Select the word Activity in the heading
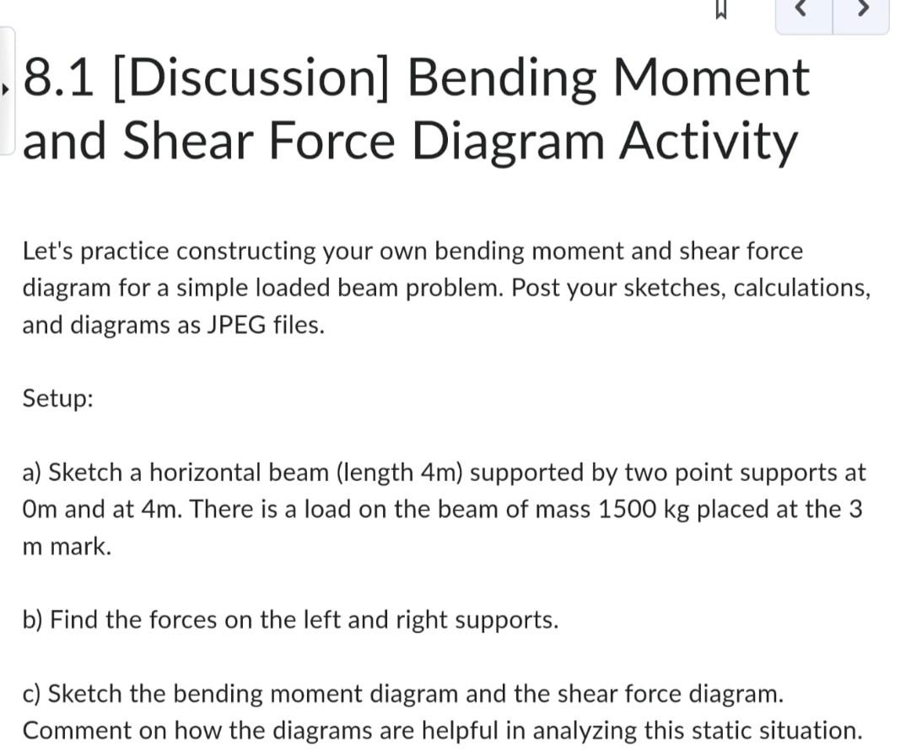[707, 141]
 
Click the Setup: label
[57, 398]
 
